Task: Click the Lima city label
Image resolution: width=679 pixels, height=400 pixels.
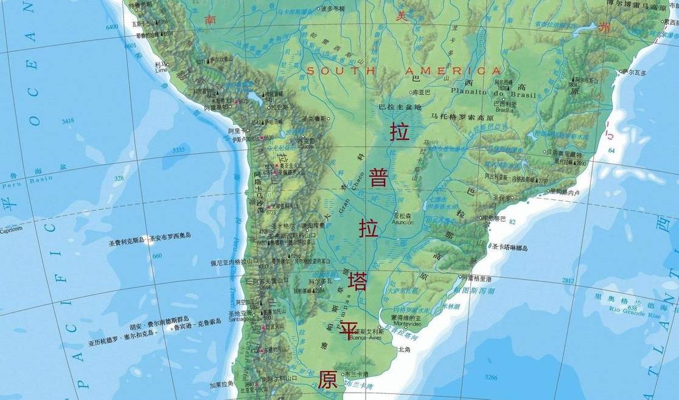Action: (161, 70)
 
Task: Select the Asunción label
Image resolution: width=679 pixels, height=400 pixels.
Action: (403, 222)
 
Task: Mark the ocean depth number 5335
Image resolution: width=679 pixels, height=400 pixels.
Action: (179, 150)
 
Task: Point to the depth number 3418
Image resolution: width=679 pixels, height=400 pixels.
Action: (68, 121)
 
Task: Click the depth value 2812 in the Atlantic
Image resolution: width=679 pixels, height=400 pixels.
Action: (568, 280)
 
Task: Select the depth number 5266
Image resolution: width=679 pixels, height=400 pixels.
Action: (490, 378)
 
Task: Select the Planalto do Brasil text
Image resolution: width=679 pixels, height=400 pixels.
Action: (493, 94)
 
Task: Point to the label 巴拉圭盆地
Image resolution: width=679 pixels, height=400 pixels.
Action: (400, 107)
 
